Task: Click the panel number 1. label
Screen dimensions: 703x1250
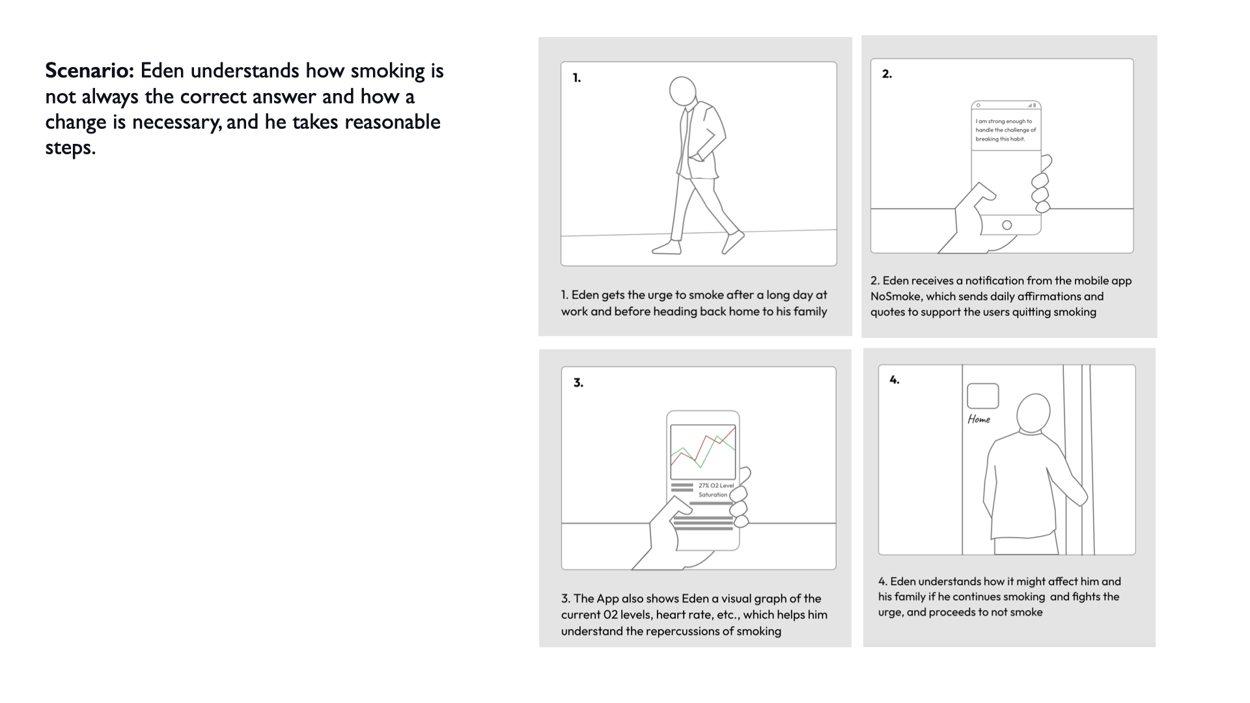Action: (577, 78)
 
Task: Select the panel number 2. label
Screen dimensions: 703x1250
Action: (887, 74)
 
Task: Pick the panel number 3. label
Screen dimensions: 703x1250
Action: (578, 383)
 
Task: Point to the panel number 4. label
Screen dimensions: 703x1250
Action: (895, 379)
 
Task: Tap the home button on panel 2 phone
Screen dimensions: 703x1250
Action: (1007, 225)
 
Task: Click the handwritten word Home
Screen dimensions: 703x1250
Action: (979, 419)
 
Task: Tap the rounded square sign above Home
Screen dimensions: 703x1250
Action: (982, 396)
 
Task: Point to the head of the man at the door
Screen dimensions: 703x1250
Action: (1033, 413)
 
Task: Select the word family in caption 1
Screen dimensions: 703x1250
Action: (810, 312)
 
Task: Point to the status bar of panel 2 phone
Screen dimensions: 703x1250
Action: (1006, 105)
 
